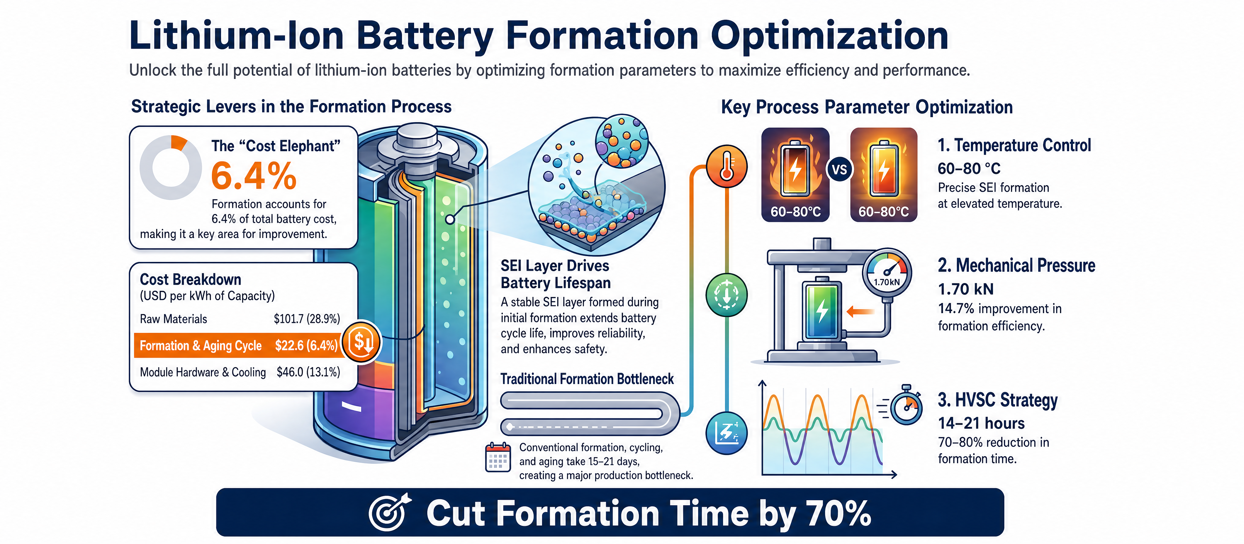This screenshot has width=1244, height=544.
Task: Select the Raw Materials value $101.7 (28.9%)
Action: click(307, 319)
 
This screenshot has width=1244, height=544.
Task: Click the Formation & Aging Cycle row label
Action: click(201, 346)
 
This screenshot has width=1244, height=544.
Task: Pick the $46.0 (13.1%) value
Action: click(308, 372)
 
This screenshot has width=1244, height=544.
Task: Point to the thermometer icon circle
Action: click(727, 166)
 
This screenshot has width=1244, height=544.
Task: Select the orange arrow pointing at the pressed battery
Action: click(860, 312)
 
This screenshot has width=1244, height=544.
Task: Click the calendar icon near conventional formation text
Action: click(497, 457)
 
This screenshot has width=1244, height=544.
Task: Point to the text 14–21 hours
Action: click(981, 423)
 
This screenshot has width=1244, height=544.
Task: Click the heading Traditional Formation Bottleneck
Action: click(587, 379)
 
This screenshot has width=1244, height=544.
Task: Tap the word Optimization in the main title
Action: click(829, 37)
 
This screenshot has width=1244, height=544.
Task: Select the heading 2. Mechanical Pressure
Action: click(1016, 266)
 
